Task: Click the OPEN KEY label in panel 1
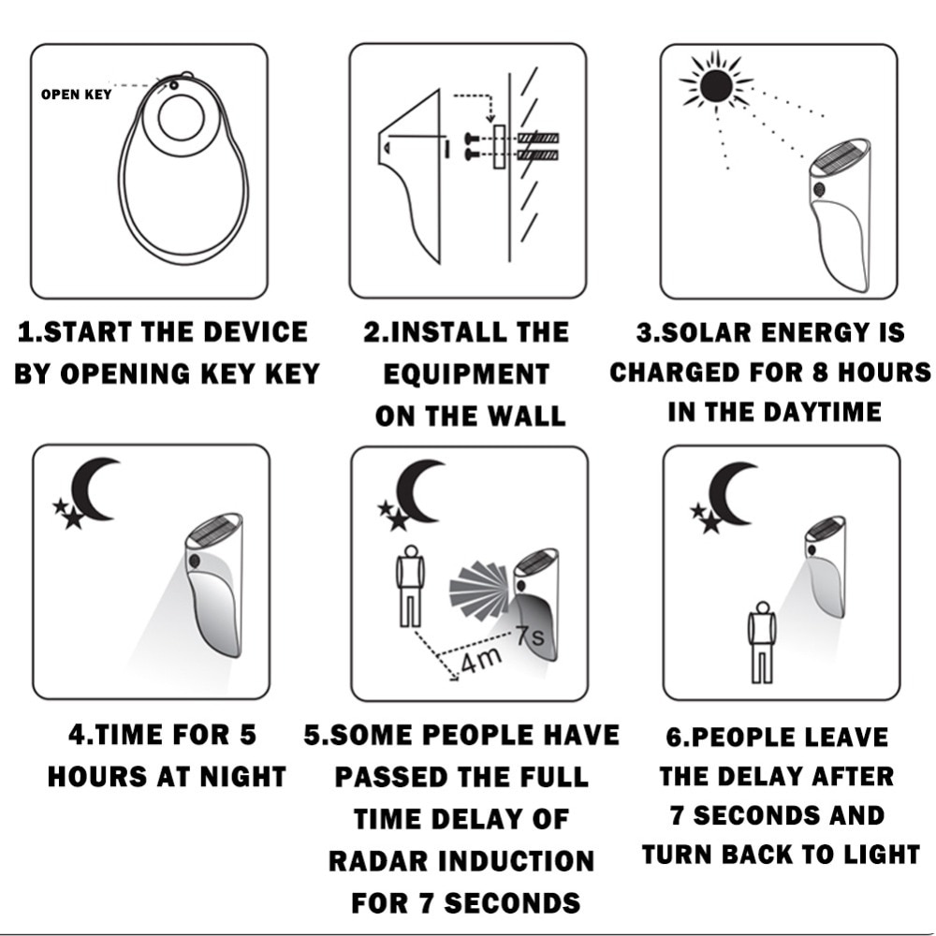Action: pos(77,95)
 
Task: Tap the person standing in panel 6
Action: pos(762,641)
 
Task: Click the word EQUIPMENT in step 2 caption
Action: pos(466,374)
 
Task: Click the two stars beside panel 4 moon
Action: pos(67,514)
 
